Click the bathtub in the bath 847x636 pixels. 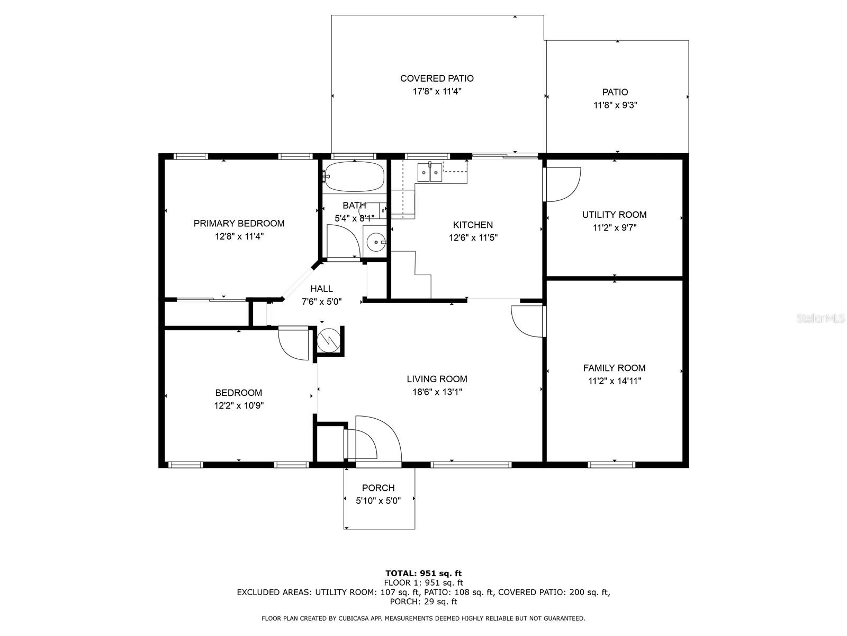(354, 176)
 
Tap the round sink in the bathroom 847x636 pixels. (376, 243)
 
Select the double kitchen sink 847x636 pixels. (429, 173)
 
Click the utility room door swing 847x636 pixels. (562, 184)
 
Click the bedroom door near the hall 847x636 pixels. (293, 343)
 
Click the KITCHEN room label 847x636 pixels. (473, 225)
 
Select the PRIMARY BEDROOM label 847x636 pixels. (239, 223)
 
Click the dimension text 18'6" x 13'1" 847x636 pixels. (437, 392)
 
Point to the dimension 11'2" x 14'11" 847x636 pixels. (614, 381)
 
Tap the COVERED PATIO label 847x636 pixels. (437, 78)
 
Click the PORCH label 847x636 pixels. (378, 488)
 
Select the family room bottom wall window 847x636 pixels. (611, 465)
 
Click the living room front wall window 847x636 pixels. (471, 465)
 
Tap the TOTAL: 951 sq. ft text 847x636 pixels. (423, 573)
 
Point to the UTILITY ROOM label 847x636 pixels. (614, 215)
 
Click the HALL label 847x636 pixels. (321, 288)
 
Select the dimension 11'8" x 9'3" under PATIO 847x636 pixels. (615, 105)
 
